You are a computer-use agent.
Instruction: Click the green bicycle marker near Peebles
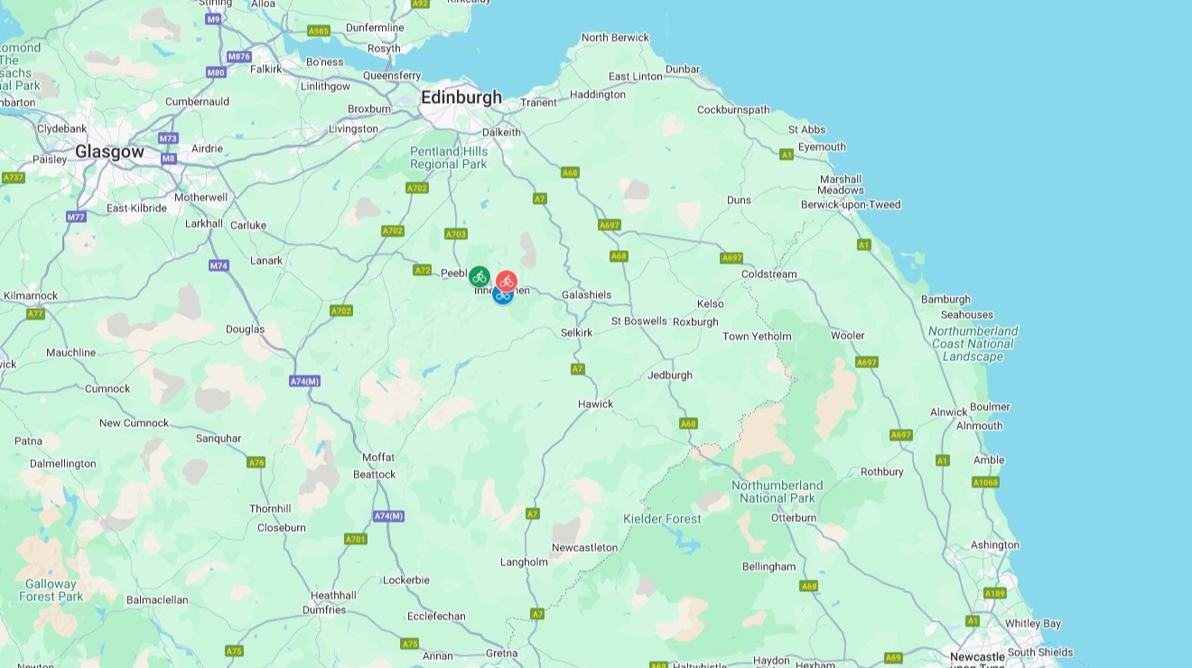tap(480, 276)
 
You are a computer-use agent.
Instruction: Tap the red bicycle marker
tap(507, 282)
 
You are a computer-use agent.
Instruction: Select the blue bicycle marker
tap(502, 294)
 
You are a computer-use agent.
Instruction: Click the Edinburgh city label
tap(461, 97)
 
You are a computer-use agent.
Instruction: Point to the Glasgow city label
tap(109, 152)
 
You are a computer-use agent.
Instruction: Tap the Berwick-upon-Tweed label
tap(851, 205)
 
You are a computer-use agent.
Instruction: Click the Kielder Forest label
tap(662, 519)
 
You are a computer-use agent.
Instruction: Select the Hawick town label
tap(595, 404)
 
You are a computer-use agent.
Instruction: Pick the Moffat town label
tap(378, 458)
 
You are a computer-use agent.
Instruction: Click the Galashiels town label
tap(586, 295)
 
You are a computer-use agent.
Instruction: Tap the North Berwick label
tap(615, 38)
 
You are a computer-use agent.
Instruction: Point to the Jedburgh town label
tap(670, 376)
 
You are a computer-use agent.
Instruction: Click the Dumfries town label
tap(324, 610)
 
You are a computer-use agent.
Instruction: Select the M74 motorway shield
tap(219, 265)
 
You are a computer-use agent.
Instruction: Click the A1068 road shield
tap(985, 483)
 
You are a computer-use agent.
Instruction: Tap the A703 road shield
tap(456, 235)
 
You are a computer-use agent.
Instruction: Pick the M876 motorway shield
tap(238, 56)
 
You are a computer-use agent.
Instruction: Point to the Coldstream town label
tap(768, 274)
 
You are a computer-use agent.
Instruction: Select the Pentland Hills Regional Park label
tap(449, 158)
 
